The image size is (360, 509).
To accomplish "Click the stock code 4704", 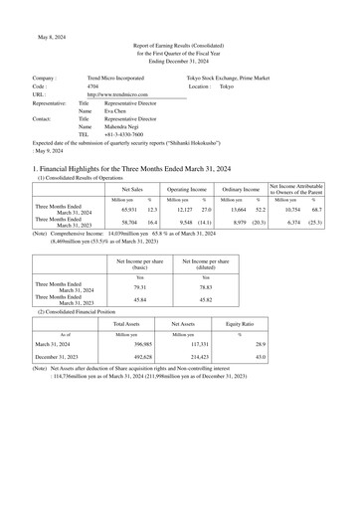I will (92, 86).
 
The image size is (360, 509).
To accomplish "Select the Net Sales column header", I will (132, 188).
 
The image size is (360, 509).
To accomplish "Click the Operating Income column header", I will (187, 188).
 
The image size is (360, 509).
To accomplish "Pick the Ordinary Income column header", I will (241, 188).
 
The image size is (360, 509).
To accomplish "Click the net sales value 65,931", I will (129, 210).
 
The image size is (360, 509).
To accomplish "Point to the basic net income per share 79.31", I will (139, 286).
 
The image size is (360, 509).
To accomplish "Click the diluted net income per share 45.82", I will (205, 299).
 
